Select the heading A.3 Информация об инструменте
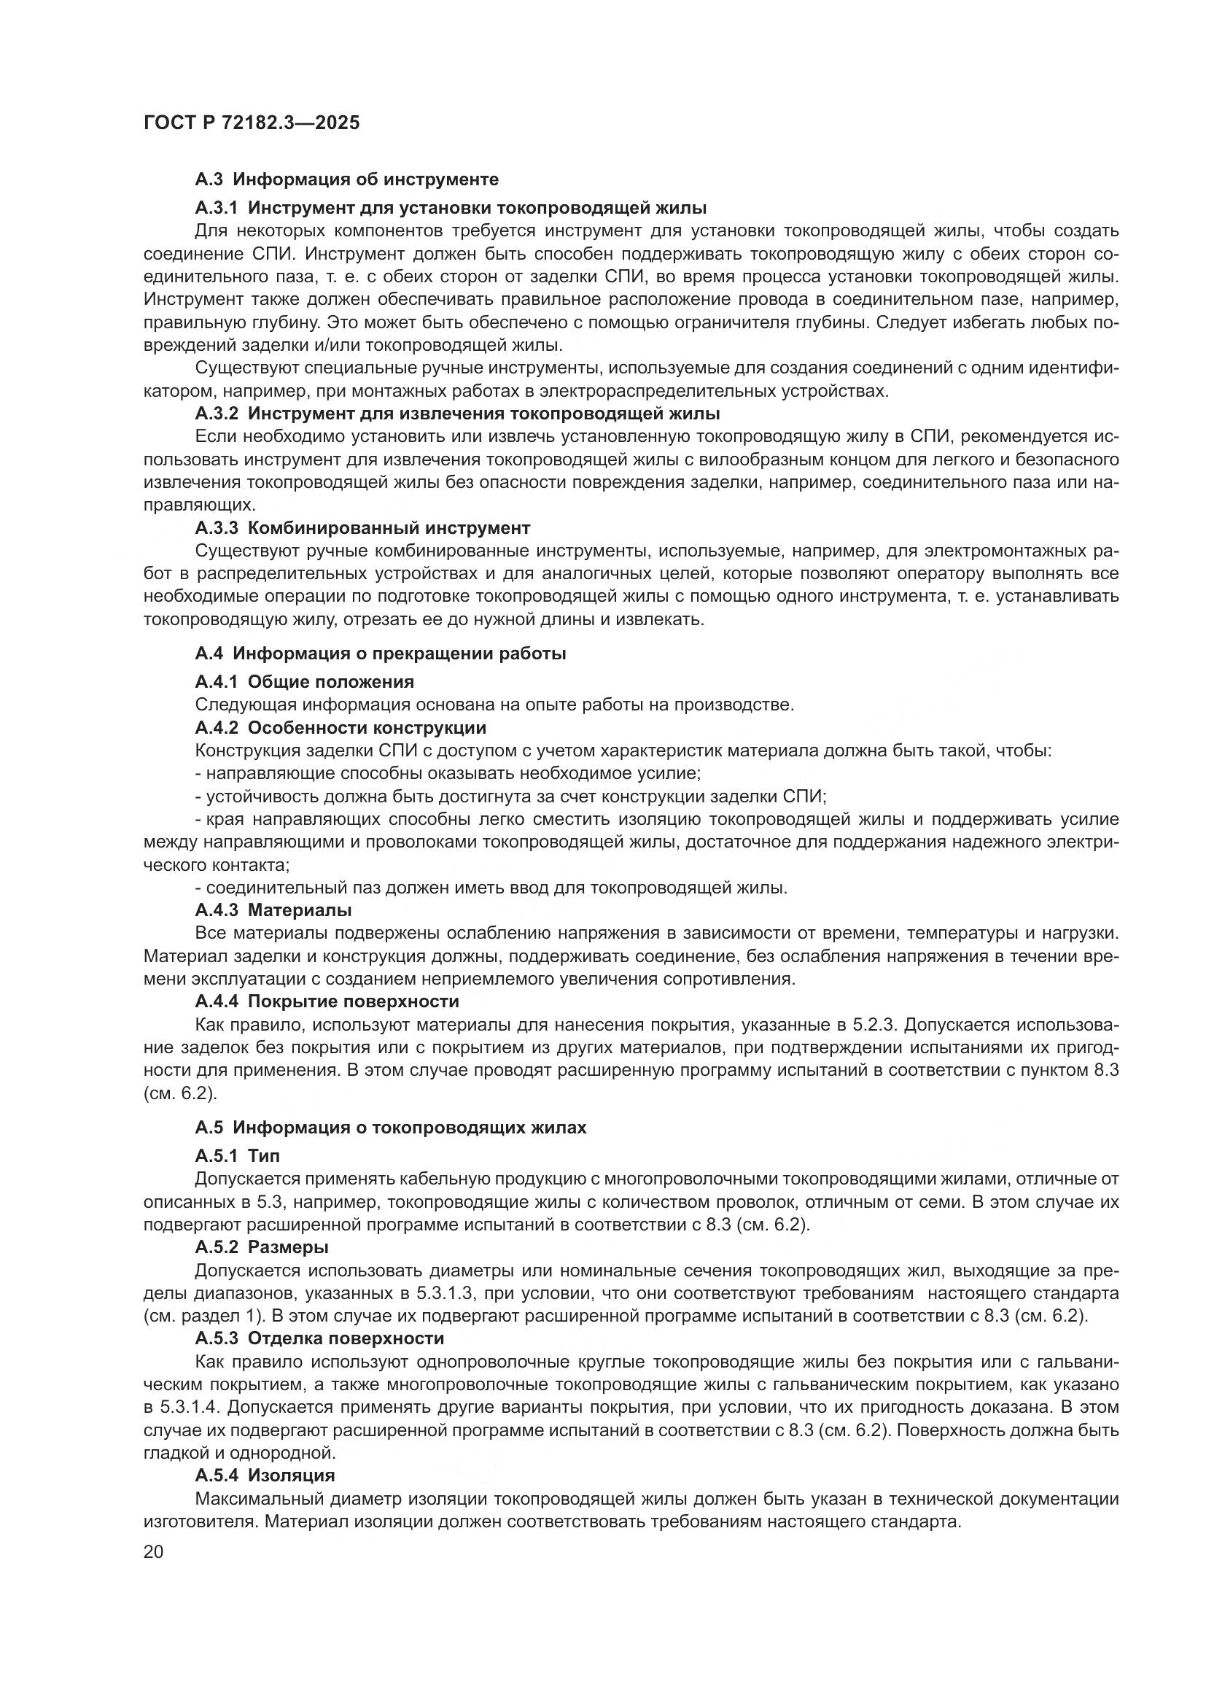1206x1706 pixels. tap(347, 179)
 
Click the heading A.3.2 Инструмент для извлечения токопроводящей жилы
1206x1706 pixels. tap(457, 413)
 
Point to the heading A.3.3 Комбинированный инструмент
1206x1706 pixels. tap(362, 527)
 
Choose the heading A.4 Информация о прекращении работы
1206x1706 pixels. tap(380, 653)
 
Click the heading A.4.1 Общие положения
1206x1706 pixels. tap(305, 681)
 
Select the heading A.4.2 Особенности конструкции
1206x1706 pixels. tap(341, 727)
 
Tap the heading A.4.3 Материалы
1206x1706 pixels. tap(273, 910)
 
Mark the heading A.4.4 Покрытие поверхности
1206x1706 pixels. tap(327, 1001)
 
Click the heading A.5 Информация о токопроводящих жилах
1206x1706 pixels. tap(391, 1127)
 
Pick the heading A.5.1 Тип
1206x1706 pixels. tap(238, 1155)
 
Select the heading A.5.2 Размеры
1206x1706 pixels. tap(262, 1246)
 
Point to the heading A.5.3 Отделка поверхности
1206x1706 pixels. tap(319, 1338)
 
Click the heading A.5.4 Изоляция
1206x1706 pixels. tap(265, 1475)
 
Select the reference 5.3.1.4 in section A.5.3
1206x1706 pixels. tap(176, 1407)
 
